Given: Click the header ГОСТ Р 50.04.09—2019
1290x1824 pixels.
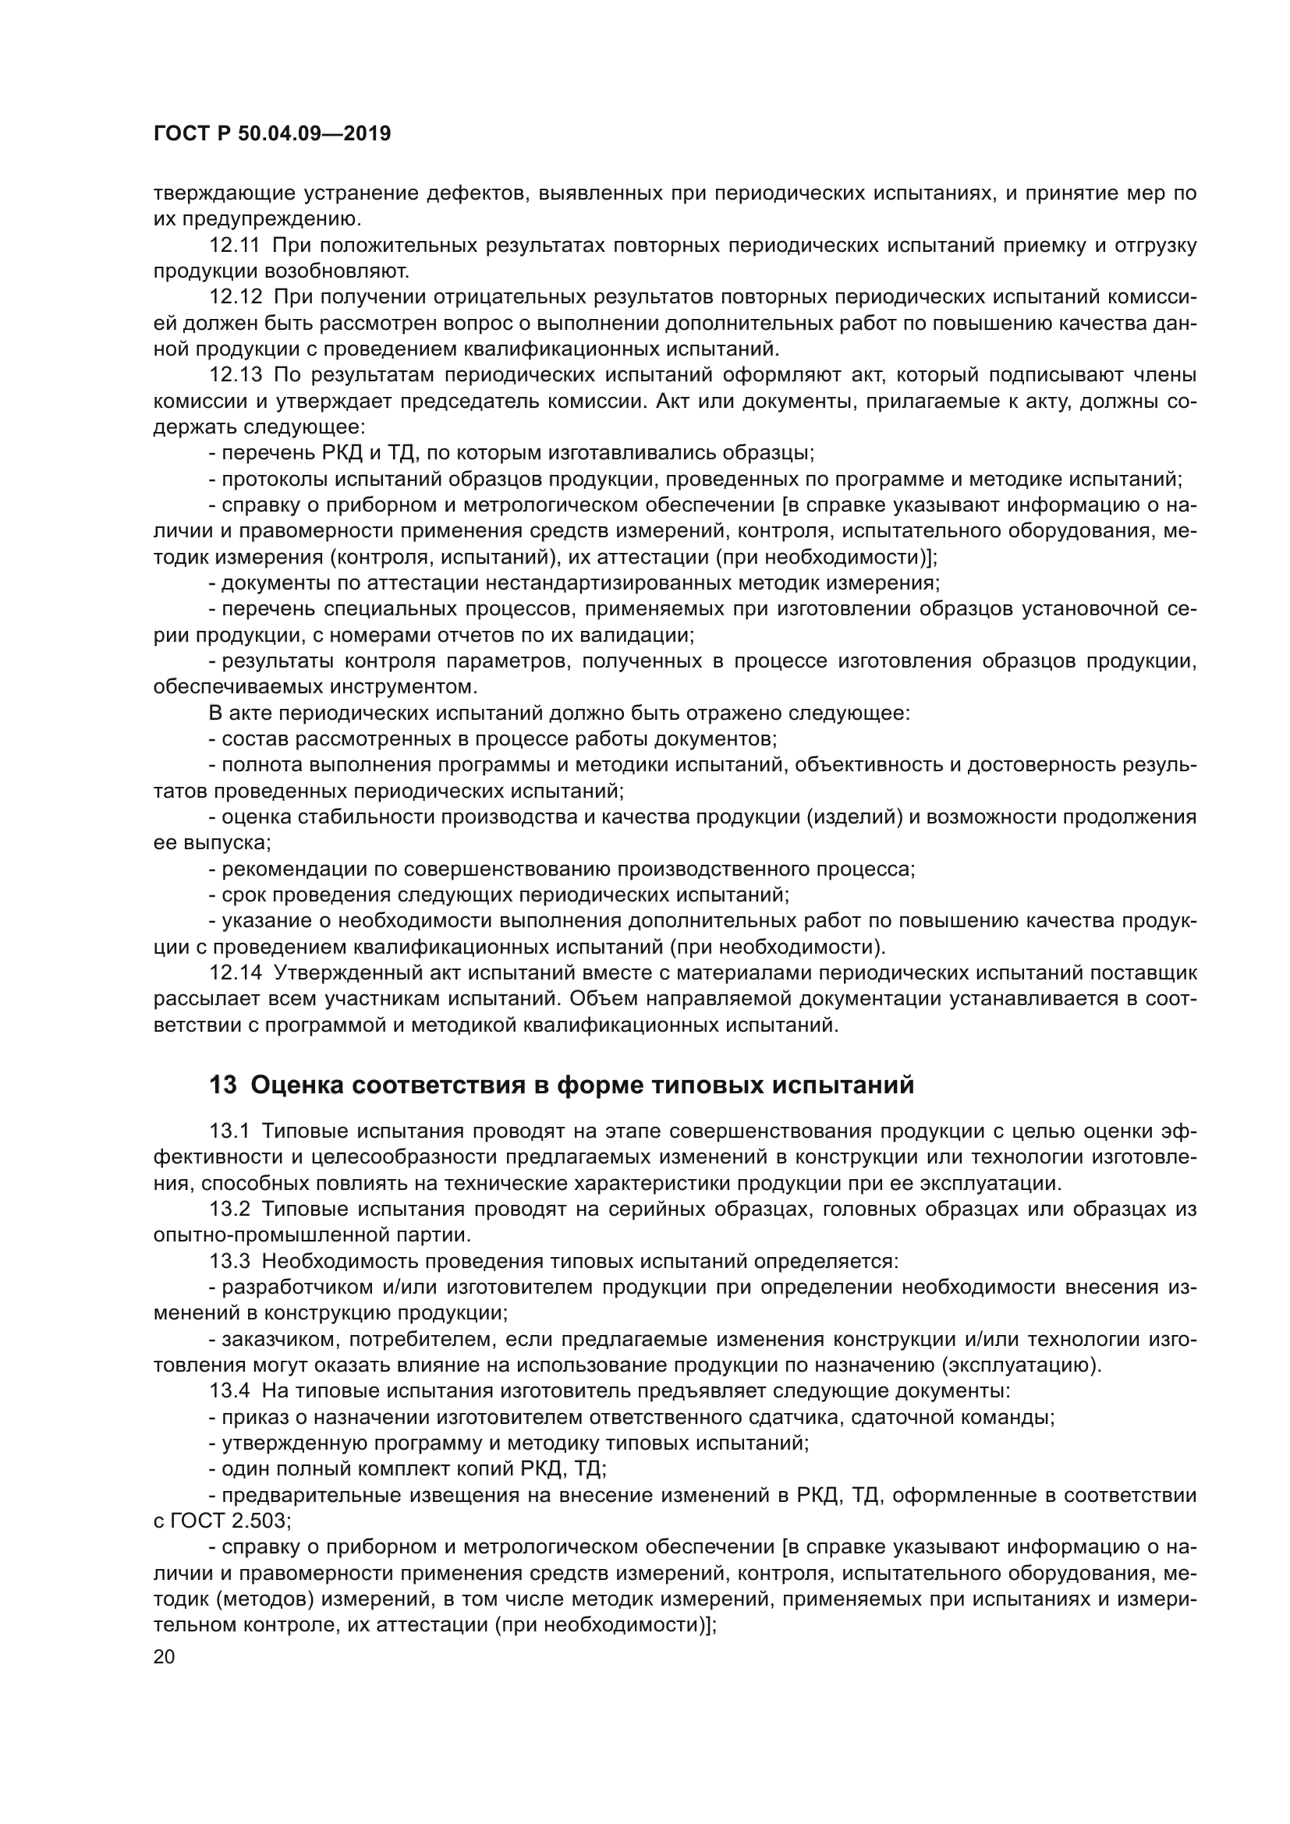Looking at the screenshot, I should click(x=271, y=134).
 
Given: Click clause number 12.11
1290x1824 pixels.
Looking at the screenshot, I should click(x=234, y=246).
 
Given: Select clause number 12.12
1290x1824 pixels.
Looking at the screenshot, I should click(x=235, y=297).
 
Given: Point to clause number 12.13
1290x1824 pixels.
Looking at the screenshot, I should click(x=235, y=375).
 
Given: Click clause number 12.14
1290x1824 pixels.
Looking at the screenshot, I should click(x=235, y=973).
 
